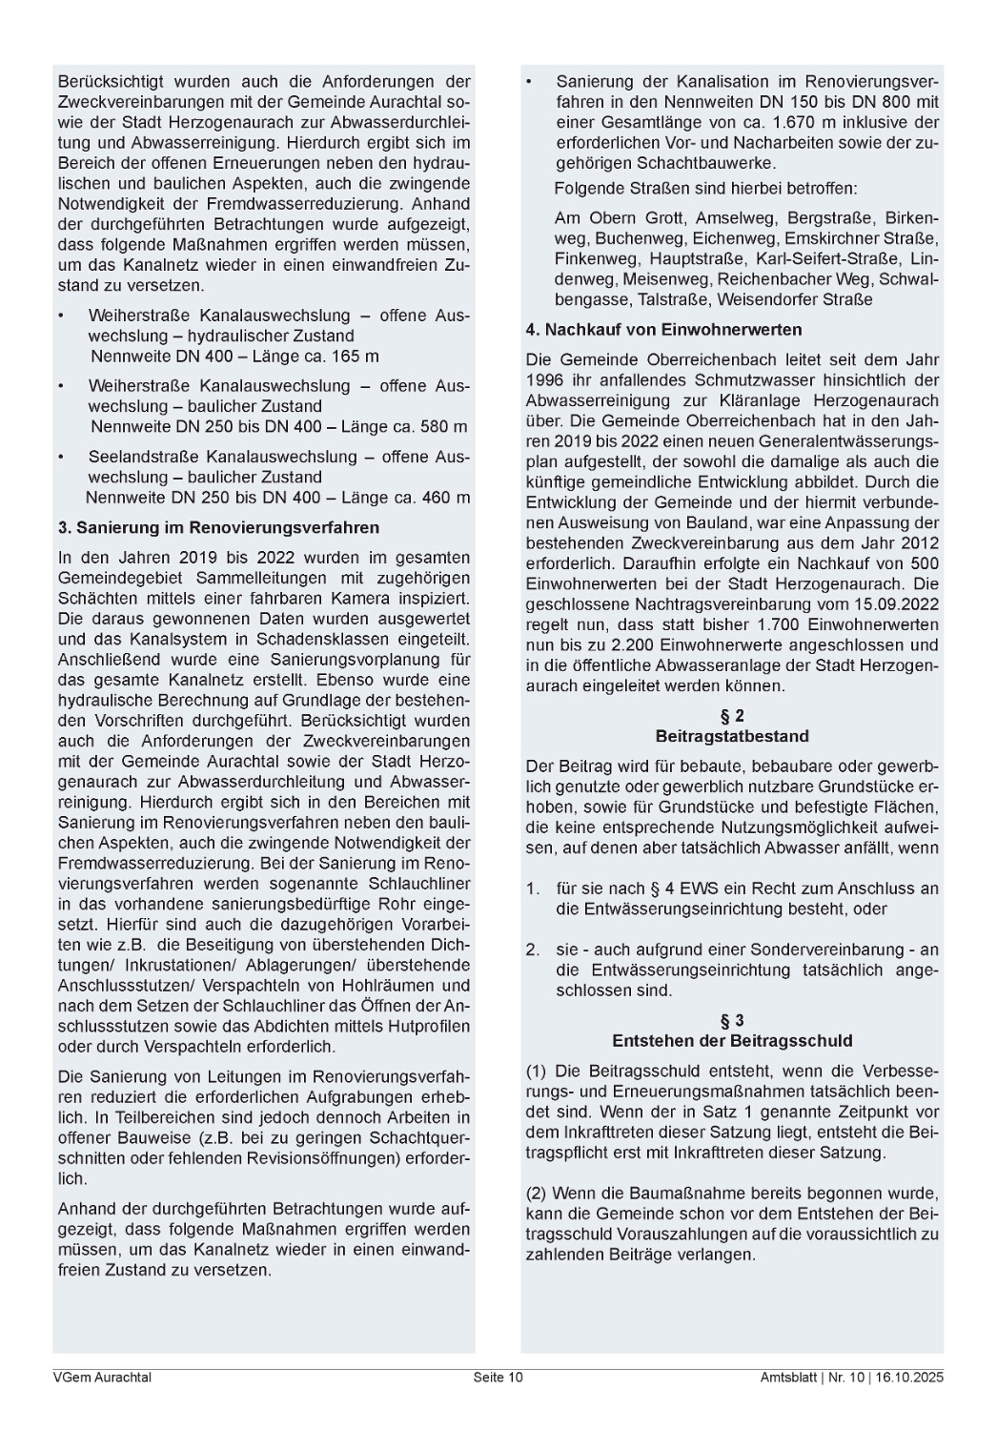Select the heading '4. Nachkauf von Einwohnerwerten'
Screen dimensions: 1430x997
tap(663, 330)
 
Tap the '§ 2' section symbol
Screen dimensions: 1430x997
tap(732, 716)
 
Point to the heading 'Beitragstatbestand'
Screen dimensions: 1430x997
tap(732, 736)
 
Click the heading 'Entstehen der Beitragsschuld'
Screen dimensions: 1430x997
tap(732, 1040)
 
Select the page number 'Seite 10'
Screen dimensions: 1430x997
tap(498, 1377)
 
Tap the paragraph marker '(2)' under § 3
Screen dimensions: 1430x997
tap(537, 1193)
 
